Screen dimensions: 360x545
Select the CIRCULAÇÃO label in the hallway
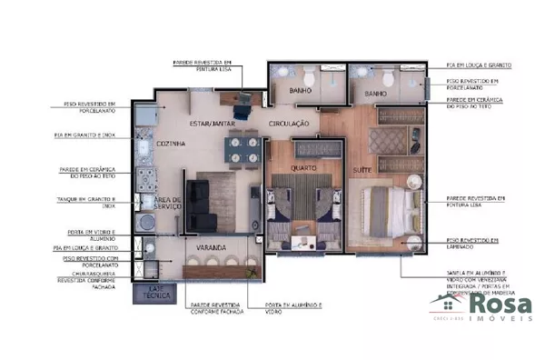(x=290, y=123)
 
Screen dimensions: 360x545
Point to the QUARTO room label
(x=303, y=167)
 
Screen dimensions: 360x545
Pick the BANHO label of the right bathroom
(x=375, y=94)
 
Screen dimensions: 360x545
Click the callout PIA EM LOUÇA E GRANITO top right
(x=478, y=65)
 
